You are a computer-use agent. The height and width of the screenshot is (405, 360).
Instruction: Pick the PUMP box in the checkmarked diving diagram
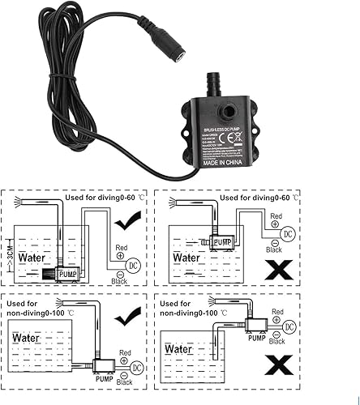68,275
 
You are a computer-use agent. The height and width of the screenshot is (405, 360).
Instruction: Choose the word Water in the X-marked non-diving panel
179,349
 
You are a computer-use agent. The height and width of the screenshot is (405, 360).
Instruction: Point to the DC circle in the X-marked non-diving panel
289,326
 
